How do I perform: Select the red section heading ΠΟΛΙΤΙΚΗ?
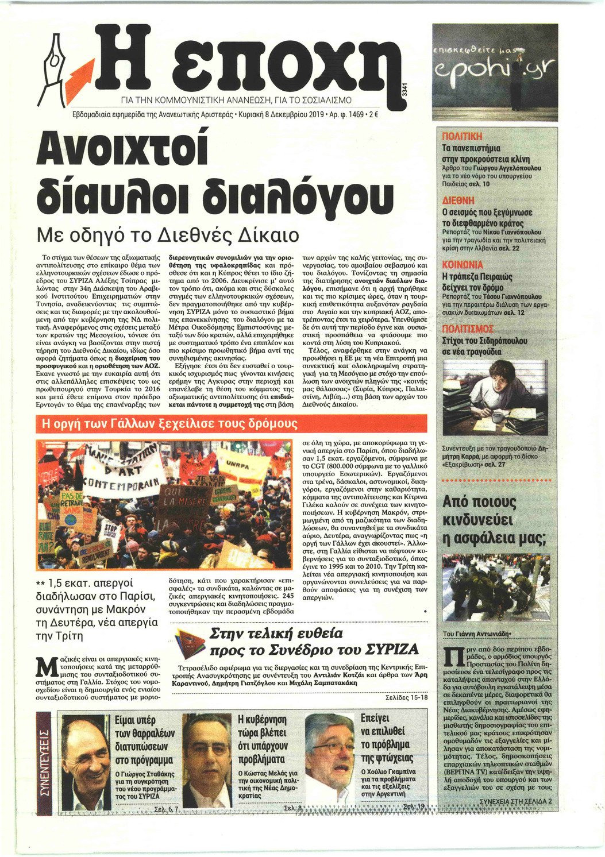point(462,137)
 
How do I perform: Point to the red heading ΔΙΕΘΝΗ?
point(458,200)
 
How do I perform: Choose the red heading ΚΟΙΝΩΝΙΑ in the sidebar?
point(462,265)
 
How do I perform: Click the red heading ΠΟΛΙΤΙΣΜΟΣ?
point(468,329)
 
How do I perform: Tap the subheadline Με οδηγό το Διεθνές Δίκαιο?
point(167,235)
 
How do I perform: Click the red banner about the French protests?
point(167,424)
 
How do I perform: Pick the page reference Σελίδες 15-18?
point(406,697)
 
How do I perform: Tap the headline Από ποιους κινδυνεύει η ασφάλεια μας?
point(492,520)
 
